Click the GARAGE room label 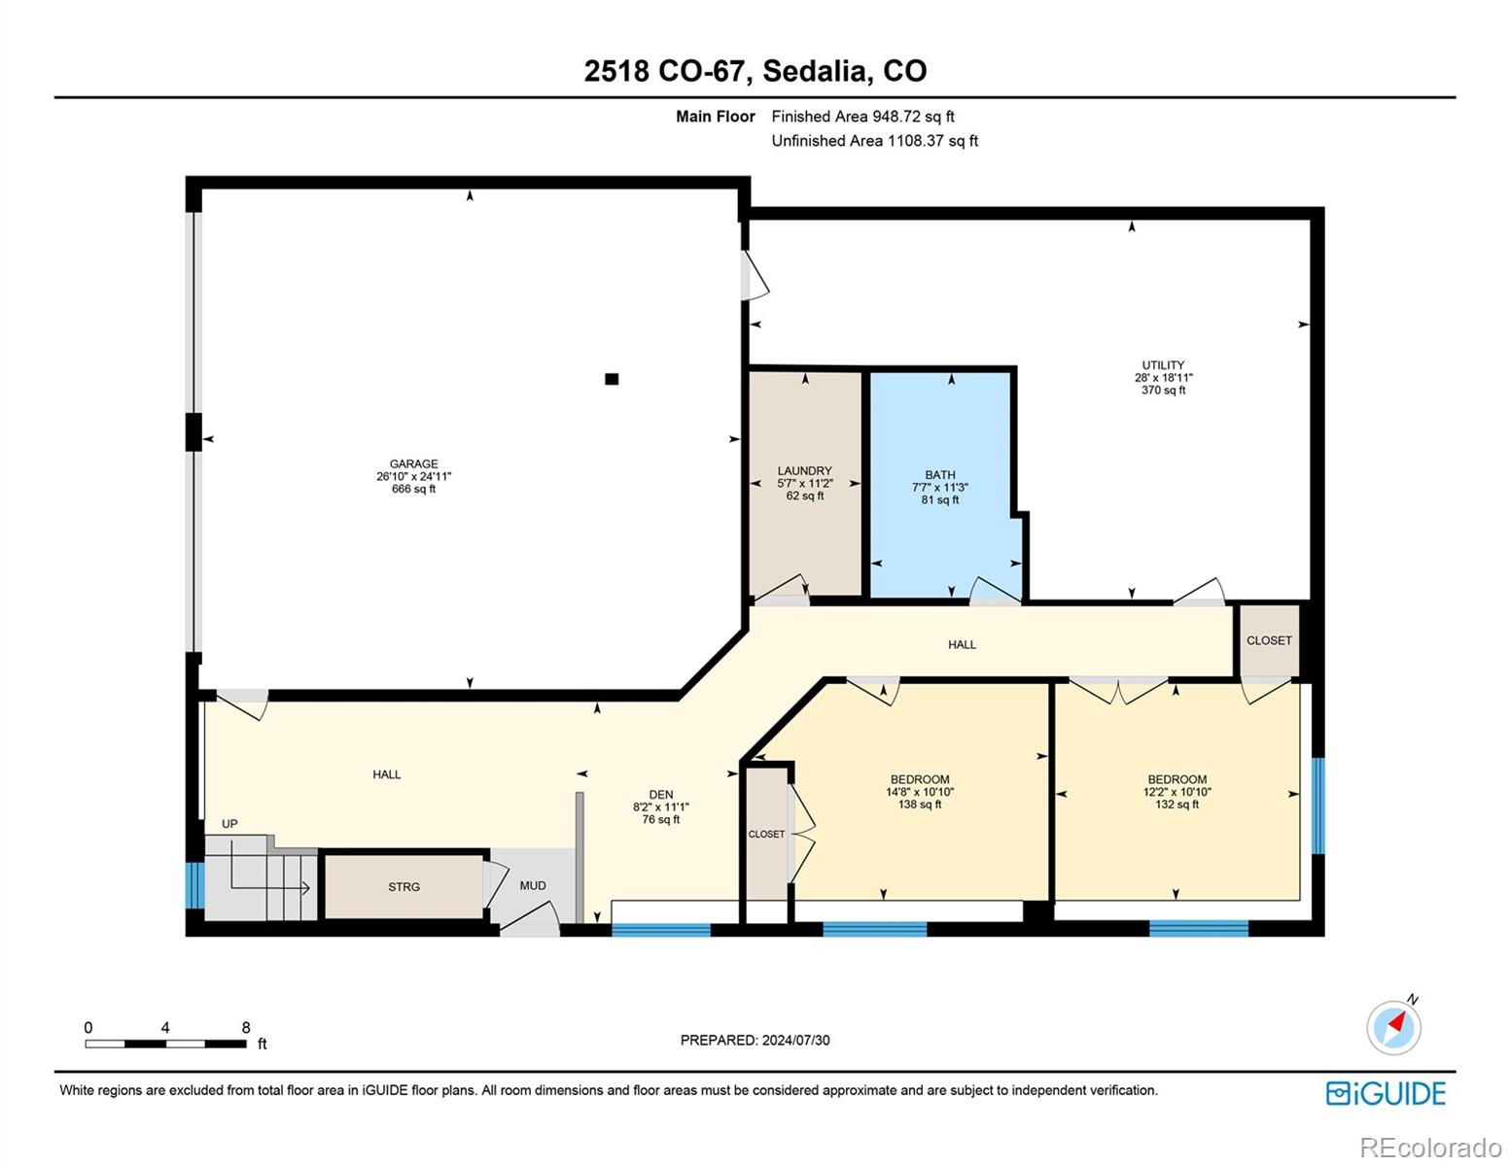tap(413, 463)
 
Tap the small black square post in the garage tap(612, 379)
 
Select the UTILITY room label tap(1163, 364)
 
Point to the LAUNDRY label tap(805, 470)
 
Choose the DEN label tap(661, 795)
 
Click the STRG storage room tap(404, 887)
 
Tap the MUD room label tap(533, 885)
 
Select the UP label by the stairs tap(229, 824)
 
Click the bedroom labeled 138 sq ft tap(920, 791)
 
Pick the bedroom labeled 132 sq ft tap(1177, 791)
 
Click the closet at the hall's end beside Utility tap(1270, 640)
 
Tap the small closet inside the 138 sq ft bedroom tap(767, 834)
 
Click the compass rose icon tap(1393, 1027)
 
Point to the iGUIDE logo tap(1386, 1093)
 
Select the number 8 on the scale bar tap(245, 1027)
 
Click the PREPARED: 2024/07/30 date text tap(755, 1040)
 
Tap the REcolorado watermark tap(1431, 1148)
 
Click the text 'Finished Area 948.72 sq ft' tap(863, 117)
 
